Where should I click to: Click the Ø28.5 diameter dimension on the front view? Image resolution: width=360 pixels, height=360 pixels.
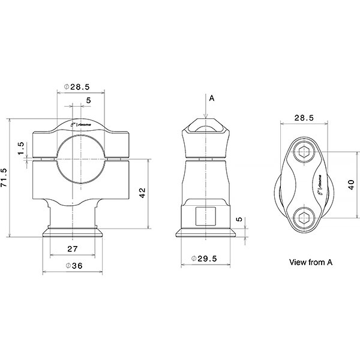point(80,87)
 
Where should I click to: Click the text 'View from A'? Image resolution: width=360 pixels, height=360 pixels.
point(310,262)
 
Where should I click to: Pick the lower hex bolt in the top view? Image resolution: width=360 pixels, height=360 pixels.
point(304,218)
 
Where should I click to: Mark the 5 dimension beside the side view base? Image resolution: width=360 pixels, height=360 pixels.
point(238,220)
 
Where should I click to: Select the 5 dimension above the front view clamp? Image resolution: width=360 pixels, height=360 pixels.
point(89,100)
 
